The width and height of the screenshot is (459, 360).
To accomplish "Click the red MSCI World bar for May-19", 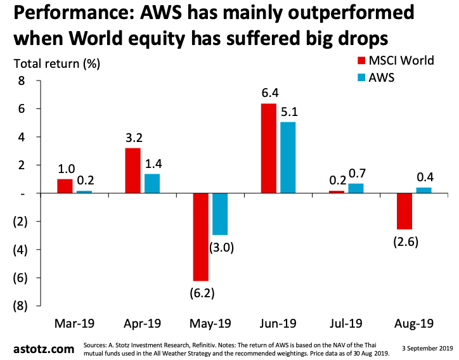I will [201, 236].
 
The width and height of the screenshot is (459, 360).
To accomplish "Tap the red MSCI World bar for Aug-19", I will [405, 211].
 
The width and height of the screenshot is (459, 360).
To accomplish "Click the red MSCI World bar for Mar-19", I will [65, 186].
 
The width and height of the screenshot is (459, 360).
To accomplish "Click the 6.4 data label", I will [268, 93].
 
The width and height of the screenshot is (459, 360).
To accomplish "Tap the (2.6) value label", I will [404, 241].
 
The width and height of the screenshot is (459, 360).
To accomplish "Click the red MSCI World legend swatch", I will [362, 61].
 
